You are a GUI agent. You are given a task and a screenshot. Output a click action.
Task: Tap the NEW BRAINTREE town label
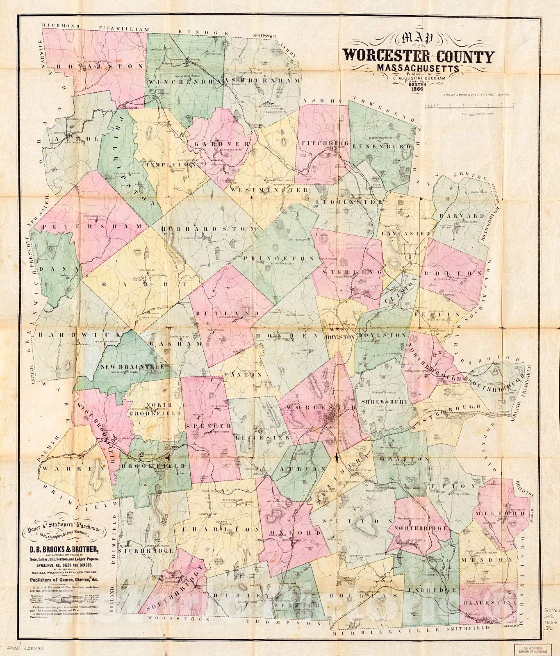pos(126,367)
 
